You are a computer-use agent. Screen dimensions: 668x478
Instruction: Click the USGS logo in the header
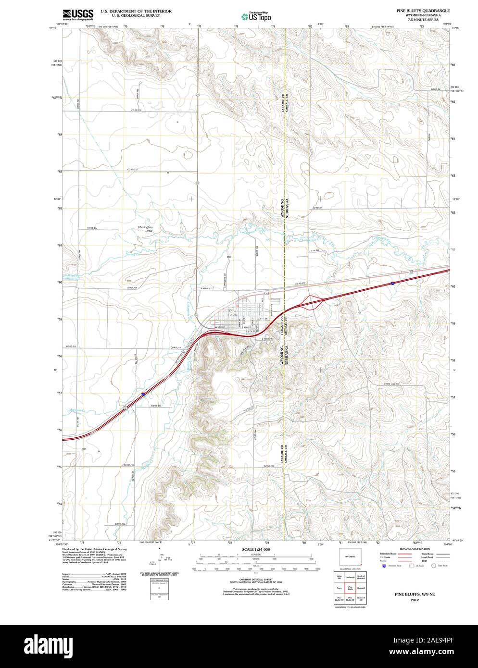click(x=78, y=13)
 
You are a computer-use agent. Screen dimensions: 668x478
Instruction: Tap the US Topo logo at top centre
click(x=257, y=15)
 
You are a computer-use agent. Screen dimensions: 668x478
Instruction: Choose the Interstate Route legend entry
click(x=388, y=554)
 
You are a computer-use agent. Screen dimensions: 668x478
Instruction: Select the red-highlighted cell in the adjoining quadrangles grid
click(x=352, y=588)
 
